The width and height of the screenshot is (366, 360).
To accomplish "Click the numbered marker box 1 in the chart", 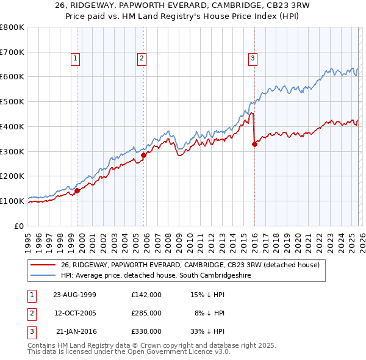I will [x=75, y=59].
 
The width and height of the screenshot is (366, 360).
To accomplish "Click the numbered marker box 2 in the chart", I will [x=142, y=59].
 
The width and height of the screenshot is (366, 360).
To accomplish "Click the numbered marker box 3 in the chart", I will [x=252, y=59].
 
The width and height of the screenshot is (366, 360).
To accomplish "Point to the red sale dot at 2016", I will [x=254, y=145].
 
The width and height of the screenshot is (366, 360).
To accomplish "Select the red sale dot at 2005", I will [x=144, y=155].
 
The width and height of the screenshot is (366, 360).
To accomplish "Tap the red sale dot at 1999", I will [x=77, y=190].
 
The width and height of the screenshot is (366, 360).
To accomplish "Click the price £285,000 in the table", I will [x=146, y=313].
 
